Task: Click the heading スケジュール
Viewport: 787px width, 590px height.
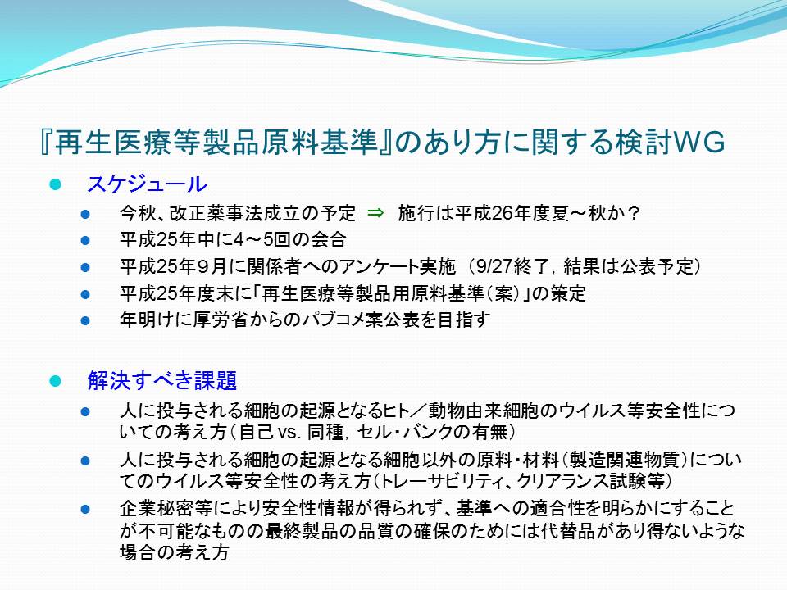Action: tap(147, 184)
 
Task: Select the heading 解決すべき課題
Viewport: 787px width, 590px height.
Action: tap(162, 380)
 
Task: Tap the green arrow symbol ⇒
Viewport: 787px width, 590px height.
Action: tap(375, 213)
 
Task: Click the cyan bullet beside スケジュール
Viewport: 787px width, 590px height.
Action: tap(55, 184)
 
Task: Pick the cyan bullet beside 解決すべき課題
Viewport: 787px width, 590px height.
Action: tap(55, 381)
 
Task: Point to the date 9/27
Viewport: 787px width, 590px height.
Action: tap(494, 266)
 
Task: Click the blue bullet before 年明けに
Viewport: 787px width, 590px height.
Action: tap(85, 320)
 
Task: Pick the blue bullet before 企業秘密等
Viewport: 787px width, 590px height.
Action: tap(85, 509)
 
